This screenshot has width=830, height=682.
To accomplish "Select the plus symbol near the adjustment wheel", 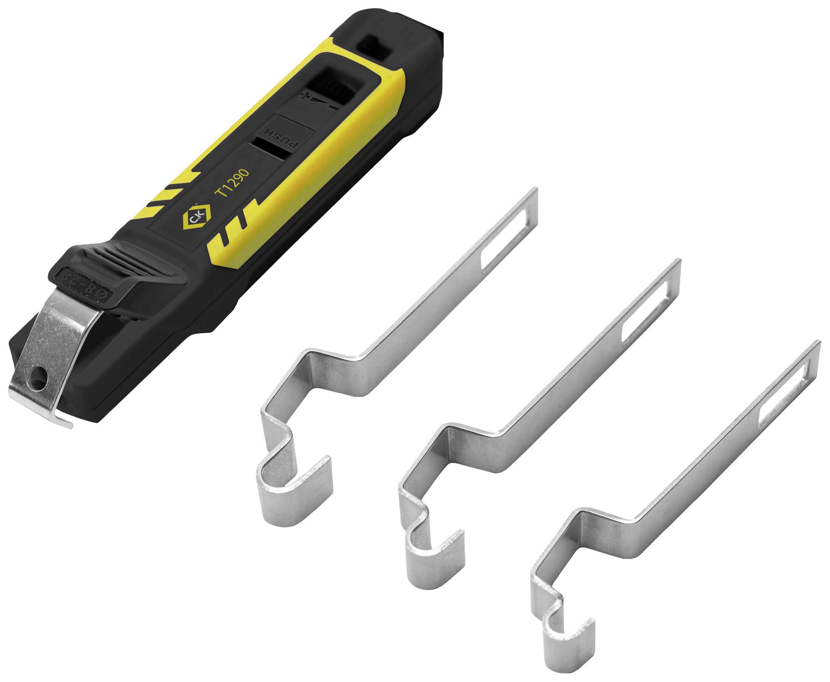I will click(x=307, y=96).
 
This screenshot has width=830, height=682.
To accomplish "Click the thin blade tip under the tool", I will click(x=64, y=422).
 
